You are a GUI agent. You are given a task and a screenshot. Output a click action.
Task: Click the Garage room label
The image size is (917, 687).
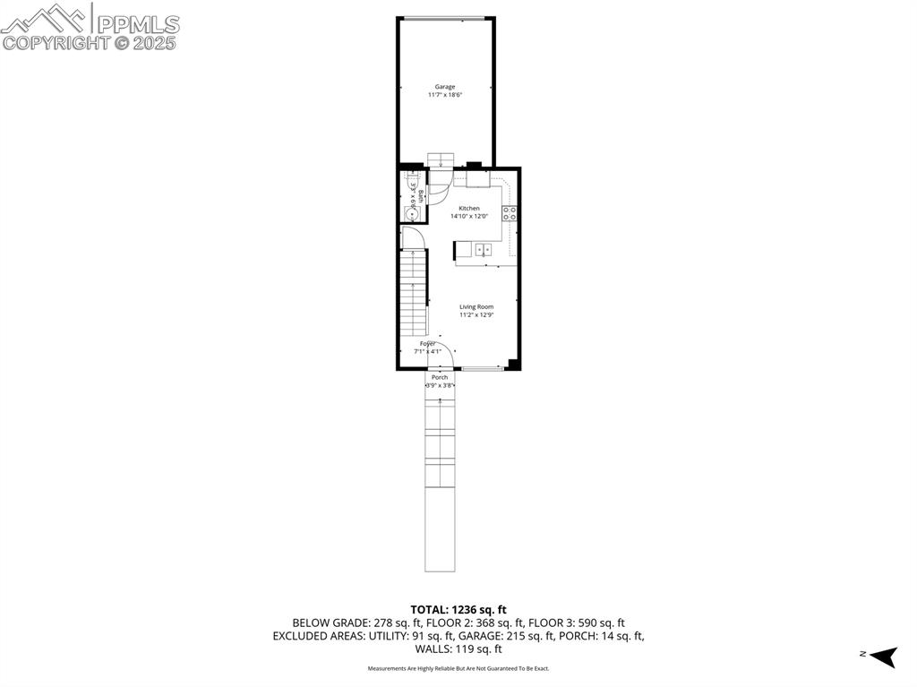(445, 87)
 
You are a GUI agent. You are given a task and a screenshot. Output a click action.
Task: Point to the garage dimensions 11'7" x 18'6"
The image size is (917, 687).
(445, 95)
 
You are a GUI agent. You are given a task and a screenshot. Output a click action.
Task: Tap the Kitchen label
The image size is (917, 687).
(469, 208)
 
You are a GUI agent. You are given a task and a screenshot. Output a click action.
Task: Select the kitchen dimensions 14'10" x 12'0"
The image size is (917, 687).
(469, 216)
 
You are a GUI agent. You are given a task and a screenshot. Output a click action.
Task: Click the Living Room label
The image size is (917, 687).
(476, 306)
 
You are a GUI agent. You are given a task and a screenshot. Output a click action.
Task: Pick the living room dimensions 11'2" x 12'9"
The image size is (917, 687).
(476, 314)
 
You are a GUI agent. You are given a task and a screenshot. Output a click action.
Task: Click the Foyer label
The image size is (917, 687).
(428, 344)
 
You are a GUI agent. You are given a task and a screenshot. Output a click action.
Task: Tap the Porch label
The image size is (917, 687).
(440, 377)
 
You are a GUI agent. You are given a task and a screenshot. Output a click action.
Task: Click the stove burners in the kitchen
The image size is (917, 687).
(509, 213)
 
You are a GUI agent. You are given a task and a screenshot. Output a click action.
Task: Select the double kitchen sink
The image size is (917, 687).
(483, 250)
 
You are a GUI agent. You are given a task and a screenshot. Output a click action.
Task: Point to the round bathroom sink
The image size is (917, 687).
(412, 213)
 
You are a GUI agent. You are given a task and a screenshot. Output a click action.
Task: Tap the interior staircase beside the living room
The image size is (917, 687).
(412, 296)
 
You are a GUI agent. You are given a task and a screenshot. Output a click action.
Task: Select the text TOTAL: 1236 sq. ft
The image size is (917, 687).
(458, 609)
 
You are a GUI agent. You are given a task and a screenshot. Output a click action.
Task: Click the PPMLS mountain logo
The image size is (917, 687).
(47, 16)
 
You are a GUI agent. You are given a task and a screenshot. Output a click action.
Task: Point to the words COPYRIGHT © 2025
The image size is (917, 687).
(90, 42)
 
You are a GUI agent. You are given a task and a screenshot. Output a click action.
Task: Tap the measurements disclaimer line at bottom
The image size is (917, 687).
(458, 668)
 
